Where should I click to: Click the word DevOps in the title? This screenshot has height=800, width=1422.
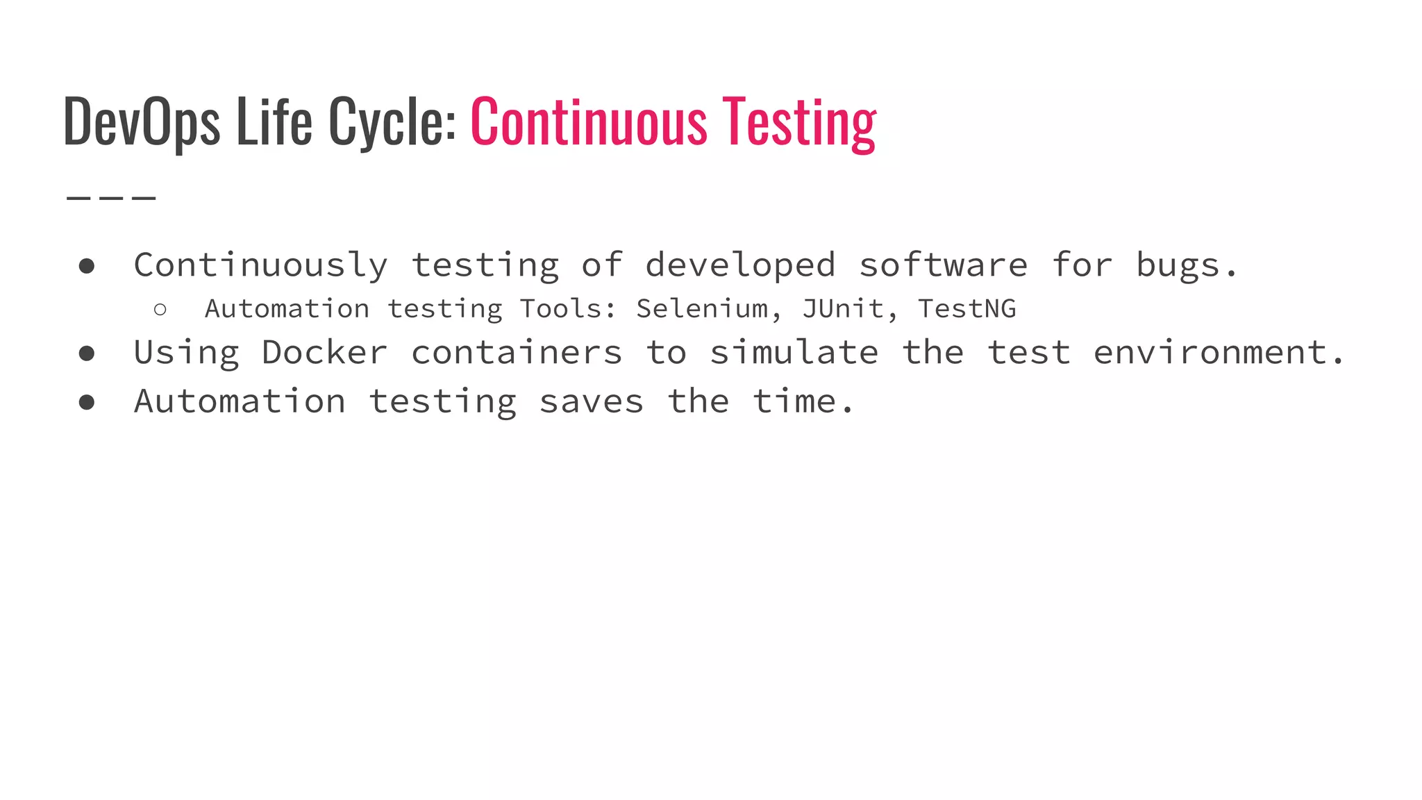[142, 122]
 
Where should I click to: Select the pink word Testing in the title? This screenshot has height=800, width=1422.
[799, 122]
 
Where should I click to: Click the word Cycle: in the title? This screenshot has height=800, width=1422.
[392, 122]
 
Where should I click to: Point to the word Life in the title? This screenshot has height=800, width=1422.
[274, 122]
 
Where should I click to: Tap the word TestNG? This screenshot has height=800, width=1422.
[967, 308]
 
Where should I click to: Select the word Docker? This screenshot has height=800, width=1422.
[324, 353]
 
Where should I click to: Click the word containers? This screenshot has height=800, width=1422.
[517, 353]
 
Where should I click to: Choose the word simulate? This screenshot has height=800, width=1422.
[794, 353]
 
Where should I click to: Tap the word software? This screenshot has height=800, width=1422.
[944, 265]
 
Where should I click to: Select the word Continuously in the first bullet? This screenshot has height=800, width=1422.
[261, 265]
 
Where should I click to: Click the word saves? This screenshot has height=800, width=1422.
[592, 401]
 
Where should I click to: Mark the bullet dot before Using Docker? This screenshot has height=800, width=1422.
[87, 353]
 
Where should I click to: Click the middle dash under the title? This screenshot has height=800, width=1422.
[111, 199]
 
